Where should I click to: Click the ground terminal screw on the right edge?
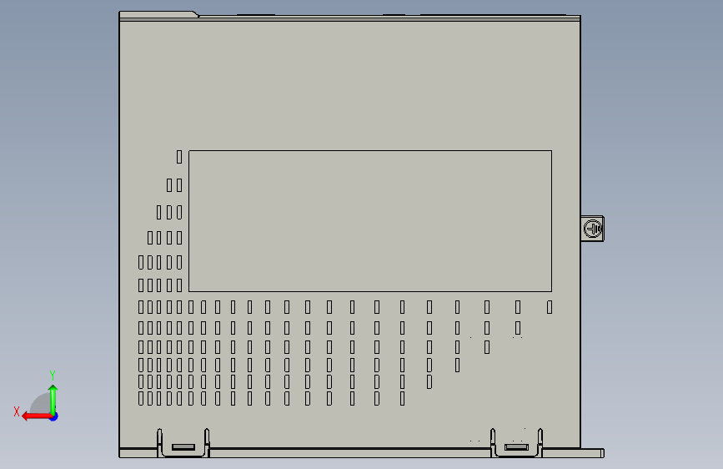(x=593, y=228)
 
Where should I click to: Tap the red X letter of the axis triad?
(x=17, y=411)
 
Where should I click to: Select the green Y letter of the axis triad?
(x=52, y=375)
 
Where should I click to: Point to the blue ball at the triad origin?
(x=53, y=416)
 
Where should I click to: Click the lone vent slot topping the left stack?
(x=179, y=156)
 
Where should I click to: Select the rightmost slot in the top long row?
(x=550, y=307)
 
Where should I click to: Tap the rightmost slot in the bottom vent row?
(x=403, y=399)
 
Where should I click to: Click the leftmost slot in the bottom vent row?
(x=141, y=399)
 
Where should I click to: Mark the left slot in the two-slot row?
(x=170, y=185)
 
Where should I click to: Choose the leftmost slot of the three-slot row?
(x=160, y=212)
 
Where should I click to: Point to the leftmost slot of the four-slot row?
(x=151, y=238)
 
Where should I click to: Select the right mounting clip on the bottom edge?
(x=517, y=446)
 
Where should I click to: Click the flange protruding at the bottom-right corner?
(x=591, y=453)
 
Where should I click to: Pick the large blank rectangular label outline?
(x=370, y=220)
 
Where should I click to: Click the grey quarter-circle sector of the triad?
(x=40, y=404)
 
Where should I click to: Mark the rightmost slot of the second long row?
(x=518, y=327)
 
